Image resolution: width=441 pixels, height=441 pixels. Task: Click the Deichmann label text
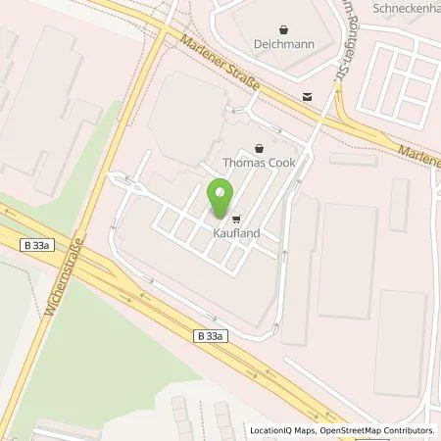(x=284, y=44)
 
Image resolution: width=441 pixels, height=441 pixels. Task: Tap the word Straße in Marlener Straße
(x=242, y=78)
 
